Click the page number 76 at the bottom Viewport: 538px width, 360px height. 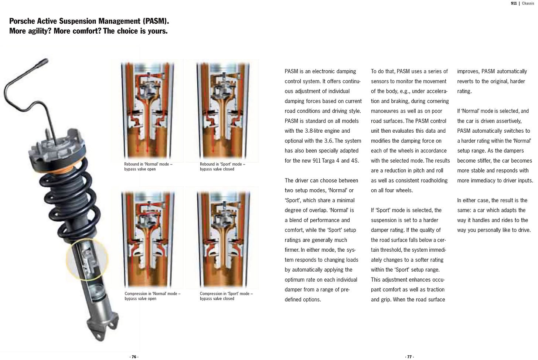click(134, 357)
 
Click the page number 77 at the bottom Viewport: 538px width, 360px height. click(409, 357)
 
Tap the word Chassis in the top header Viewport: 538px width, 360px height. click(528, 3)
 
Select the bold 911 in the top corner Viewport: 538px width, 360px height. click(514, 3)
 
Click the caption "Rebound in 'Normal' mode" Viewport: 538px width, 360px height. click(148, 164)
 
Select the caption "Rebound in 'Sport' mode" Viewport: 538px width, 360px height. click(222, 164)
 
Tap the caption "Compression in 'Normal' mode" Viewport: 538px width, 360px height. click(152, 294)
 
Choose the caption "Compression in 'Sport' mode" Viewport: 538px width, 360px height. click(226, 294)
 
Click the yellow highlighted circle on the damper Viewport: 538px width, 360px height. click(87, 259)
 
